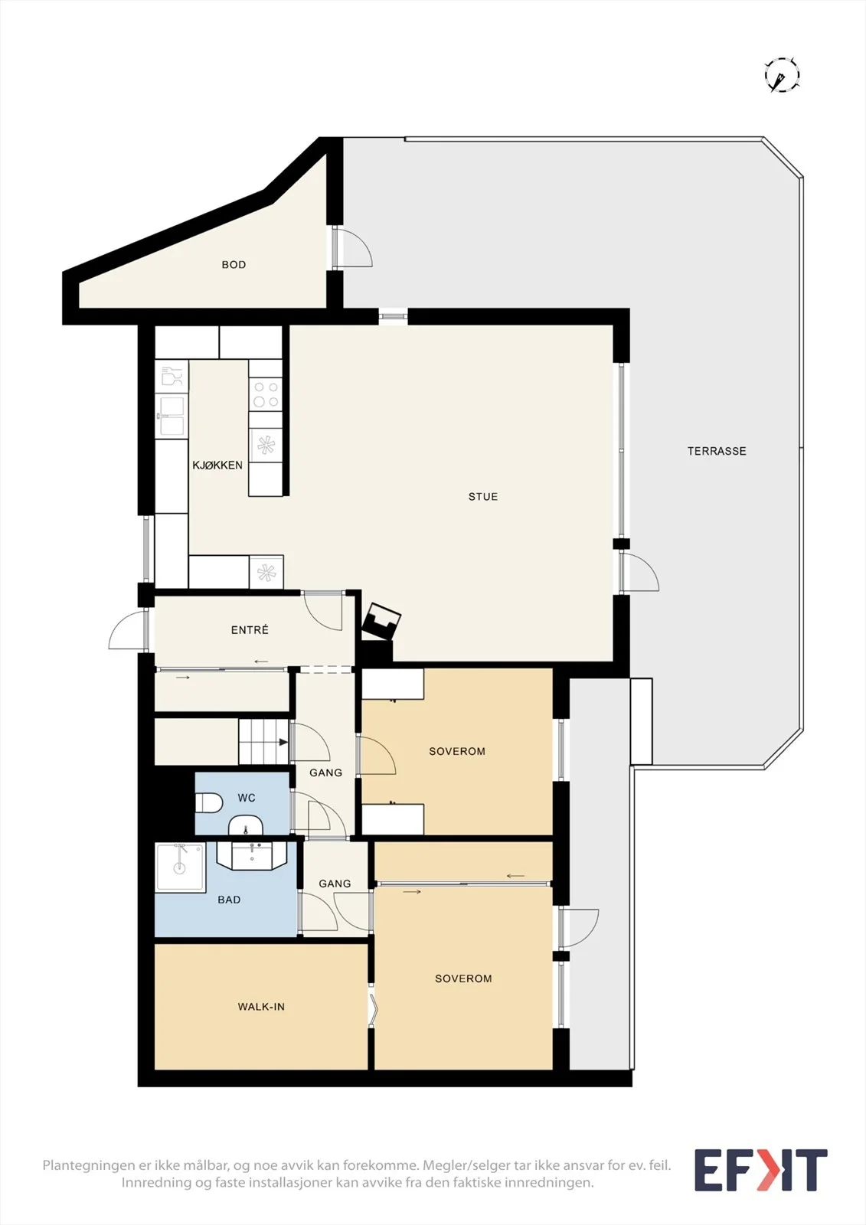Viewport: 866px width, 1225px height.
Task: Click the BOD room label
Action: click(x=234, y=265)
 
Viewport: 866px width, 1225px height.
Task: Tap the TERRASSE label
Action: click(x=717, y=451)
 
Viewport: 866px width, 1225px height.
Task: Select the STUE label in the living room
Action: click(x=483, y=497)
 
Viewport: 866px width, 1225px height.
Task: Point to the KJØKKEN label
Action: click(x=217, y=465)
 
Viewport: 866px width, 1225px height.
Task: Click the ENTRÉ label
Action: click(x=250, y=630)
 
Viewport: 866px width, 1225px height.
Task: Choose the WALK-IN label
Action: click(x=261, y=1007)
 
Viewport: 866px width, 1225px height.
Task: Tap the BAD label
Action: click(x=229, y=900)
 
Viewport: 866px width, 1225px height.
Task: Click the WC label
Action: click(x=247, y=798)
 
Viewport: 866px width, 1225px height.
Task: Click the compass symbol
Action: click(x=782, y=74)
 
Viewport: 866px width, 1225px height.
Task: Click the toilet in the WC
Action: click(x=209, y=803)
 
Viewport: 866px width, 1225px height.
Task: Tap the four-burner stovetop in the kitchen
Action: click(x=266, y=394)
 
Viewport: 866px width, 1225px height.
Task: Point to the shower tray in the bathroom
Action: click(x=181, y=867)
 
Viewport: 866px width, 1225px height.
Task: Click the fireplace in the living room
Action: click(x=381, y=622)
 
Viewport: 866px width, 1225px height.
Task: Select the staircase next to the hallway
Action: click(x=263, y=742)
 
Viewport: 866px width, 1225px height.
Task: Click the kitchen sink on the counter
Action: click(x=172, y=416)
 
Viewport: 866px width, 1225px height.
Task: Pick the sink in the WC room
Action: click(x=246, y=826)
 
